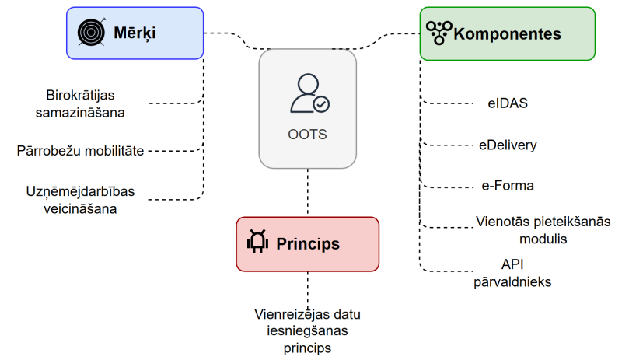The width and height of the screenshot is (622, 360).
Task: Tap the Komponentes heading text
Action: tap(507, 34)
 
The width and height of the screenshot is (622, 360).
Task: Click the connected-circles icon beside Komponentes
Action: tap(439, 33)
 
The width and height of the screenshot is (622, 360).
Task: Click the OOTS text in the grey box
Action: tap(307, 135)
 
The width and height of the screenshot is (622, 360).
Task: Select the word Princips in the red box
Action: tap(308, 244)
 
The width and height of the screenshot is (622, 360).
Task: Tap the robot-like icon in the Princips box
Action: tap(257, 243)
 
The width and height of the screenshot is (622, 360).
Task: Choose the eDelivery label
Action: tap(508, 145)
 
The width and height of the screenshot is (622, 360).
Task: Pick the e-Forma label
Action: tap(508, 186)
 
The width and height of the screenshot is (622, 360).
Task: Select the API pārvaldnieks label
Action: tap(512, 272)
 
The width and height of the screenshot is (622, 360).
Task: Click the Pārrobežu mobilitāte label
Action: tap(80, 150)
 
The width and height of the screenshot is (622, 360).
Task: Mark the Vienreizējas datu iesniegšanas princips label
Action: tap(307, 331)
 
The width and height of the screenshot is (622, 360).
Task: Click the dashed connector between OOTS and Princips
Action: tap(308, 193)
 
